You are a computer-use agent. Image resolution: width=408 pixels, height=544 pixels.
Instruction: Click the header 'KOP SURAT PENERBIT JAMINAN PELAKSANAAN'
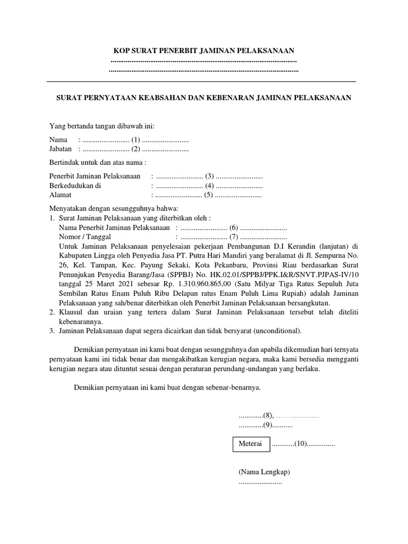[x=204, y=50]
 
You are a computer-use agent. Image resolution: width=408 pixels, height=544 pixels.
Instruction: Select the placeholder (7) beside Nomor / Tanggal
[x=234, y=237]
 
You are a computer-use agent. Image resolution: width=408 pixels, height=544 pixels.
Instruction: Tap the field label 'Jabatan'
[x=61, y=149]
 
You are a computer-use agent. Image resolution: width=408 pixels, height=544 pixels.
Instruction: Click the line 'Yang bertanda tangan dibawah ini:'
[x=101, y=126]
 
